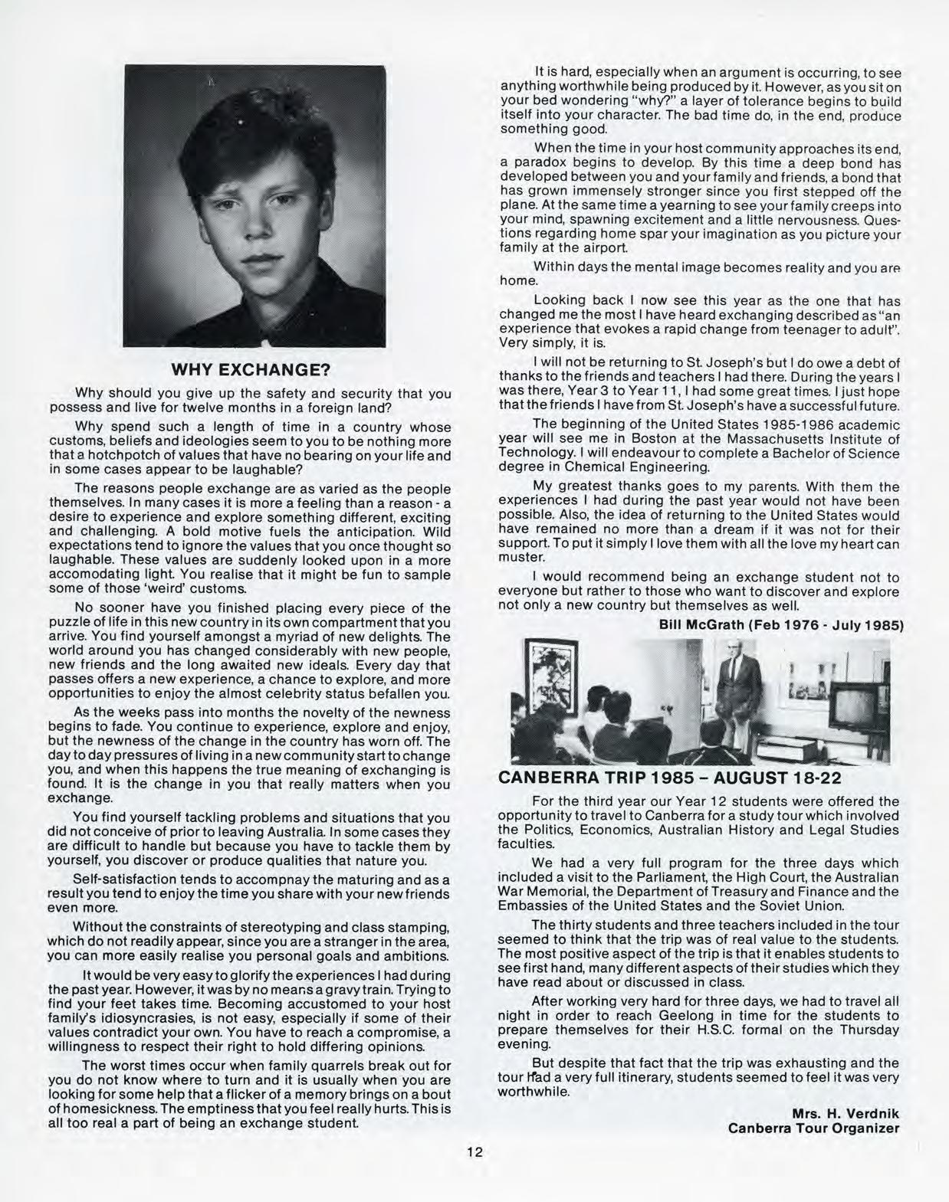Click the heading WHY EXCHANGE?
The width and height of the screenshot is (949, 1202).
[250, 371]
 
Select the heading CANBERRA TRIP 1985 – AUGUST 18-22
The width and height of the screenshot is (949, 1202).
[670, 778]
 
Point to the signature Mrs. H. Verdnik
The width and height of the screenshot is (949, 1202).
[846, 1112]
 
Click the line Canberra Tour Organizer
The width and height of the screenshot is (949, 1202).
[813, 1128]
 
